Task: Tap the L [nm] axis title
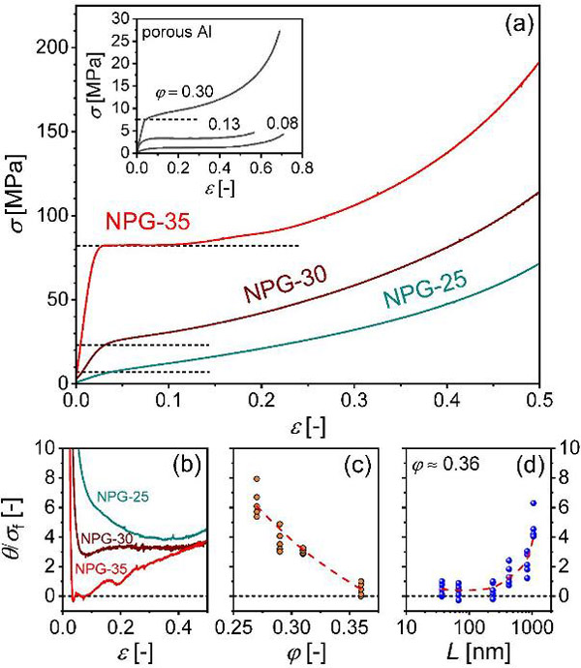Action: coord(468,651)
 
